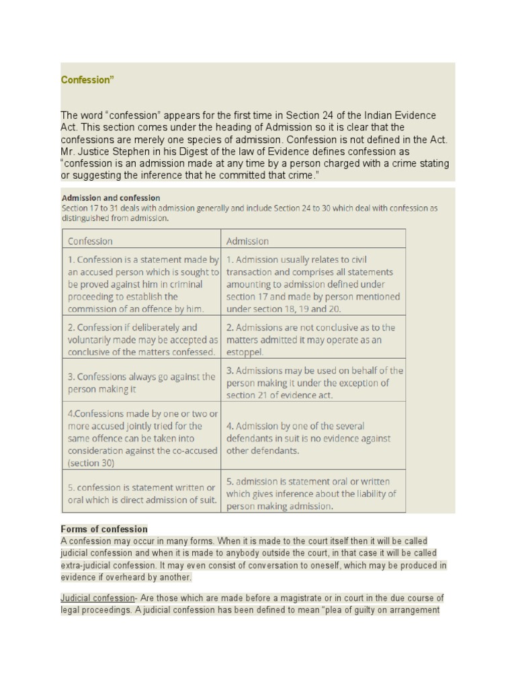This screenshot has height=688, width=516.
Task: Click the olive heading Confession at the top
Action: (87, 80)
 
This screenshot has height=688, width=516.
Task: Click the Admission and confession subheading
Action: (111, 198)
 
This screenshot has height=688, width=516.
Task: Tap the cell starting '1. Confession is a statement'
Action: (142, 284)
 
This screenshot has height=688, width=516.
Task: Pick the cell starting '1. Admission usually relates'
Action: (313, 284)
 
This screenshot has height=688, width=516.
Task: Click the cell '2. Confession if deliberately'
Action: (142, 339)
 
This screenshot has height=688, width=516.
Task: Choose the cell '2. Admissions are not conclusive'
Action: (313, 339)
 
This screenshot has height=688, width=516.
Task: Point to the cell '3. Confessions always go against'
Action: (142, 382)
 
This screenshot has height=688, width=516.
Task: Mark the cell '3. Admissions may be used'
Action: (313, 382)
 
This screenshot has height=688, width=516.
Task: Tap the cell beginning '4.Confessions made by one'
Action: (142, 438)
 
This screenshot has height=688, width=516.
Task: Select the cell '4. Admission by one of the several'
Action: (313, 438)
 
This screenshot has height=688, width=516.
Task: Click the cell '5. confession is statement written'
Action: (142, 493)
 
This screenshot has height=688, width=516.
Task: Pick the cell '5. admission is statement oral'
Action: (313, 493)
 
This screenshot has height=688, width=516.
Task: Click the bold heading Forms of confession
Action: (104, 529)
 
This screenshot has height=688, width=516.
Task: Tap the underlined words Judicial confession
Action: (97, 598)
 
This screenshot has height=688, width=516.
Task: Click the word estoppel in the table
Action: (245, 351)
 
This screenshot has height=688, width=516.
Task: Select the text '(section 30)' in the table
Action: (91, 463)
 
